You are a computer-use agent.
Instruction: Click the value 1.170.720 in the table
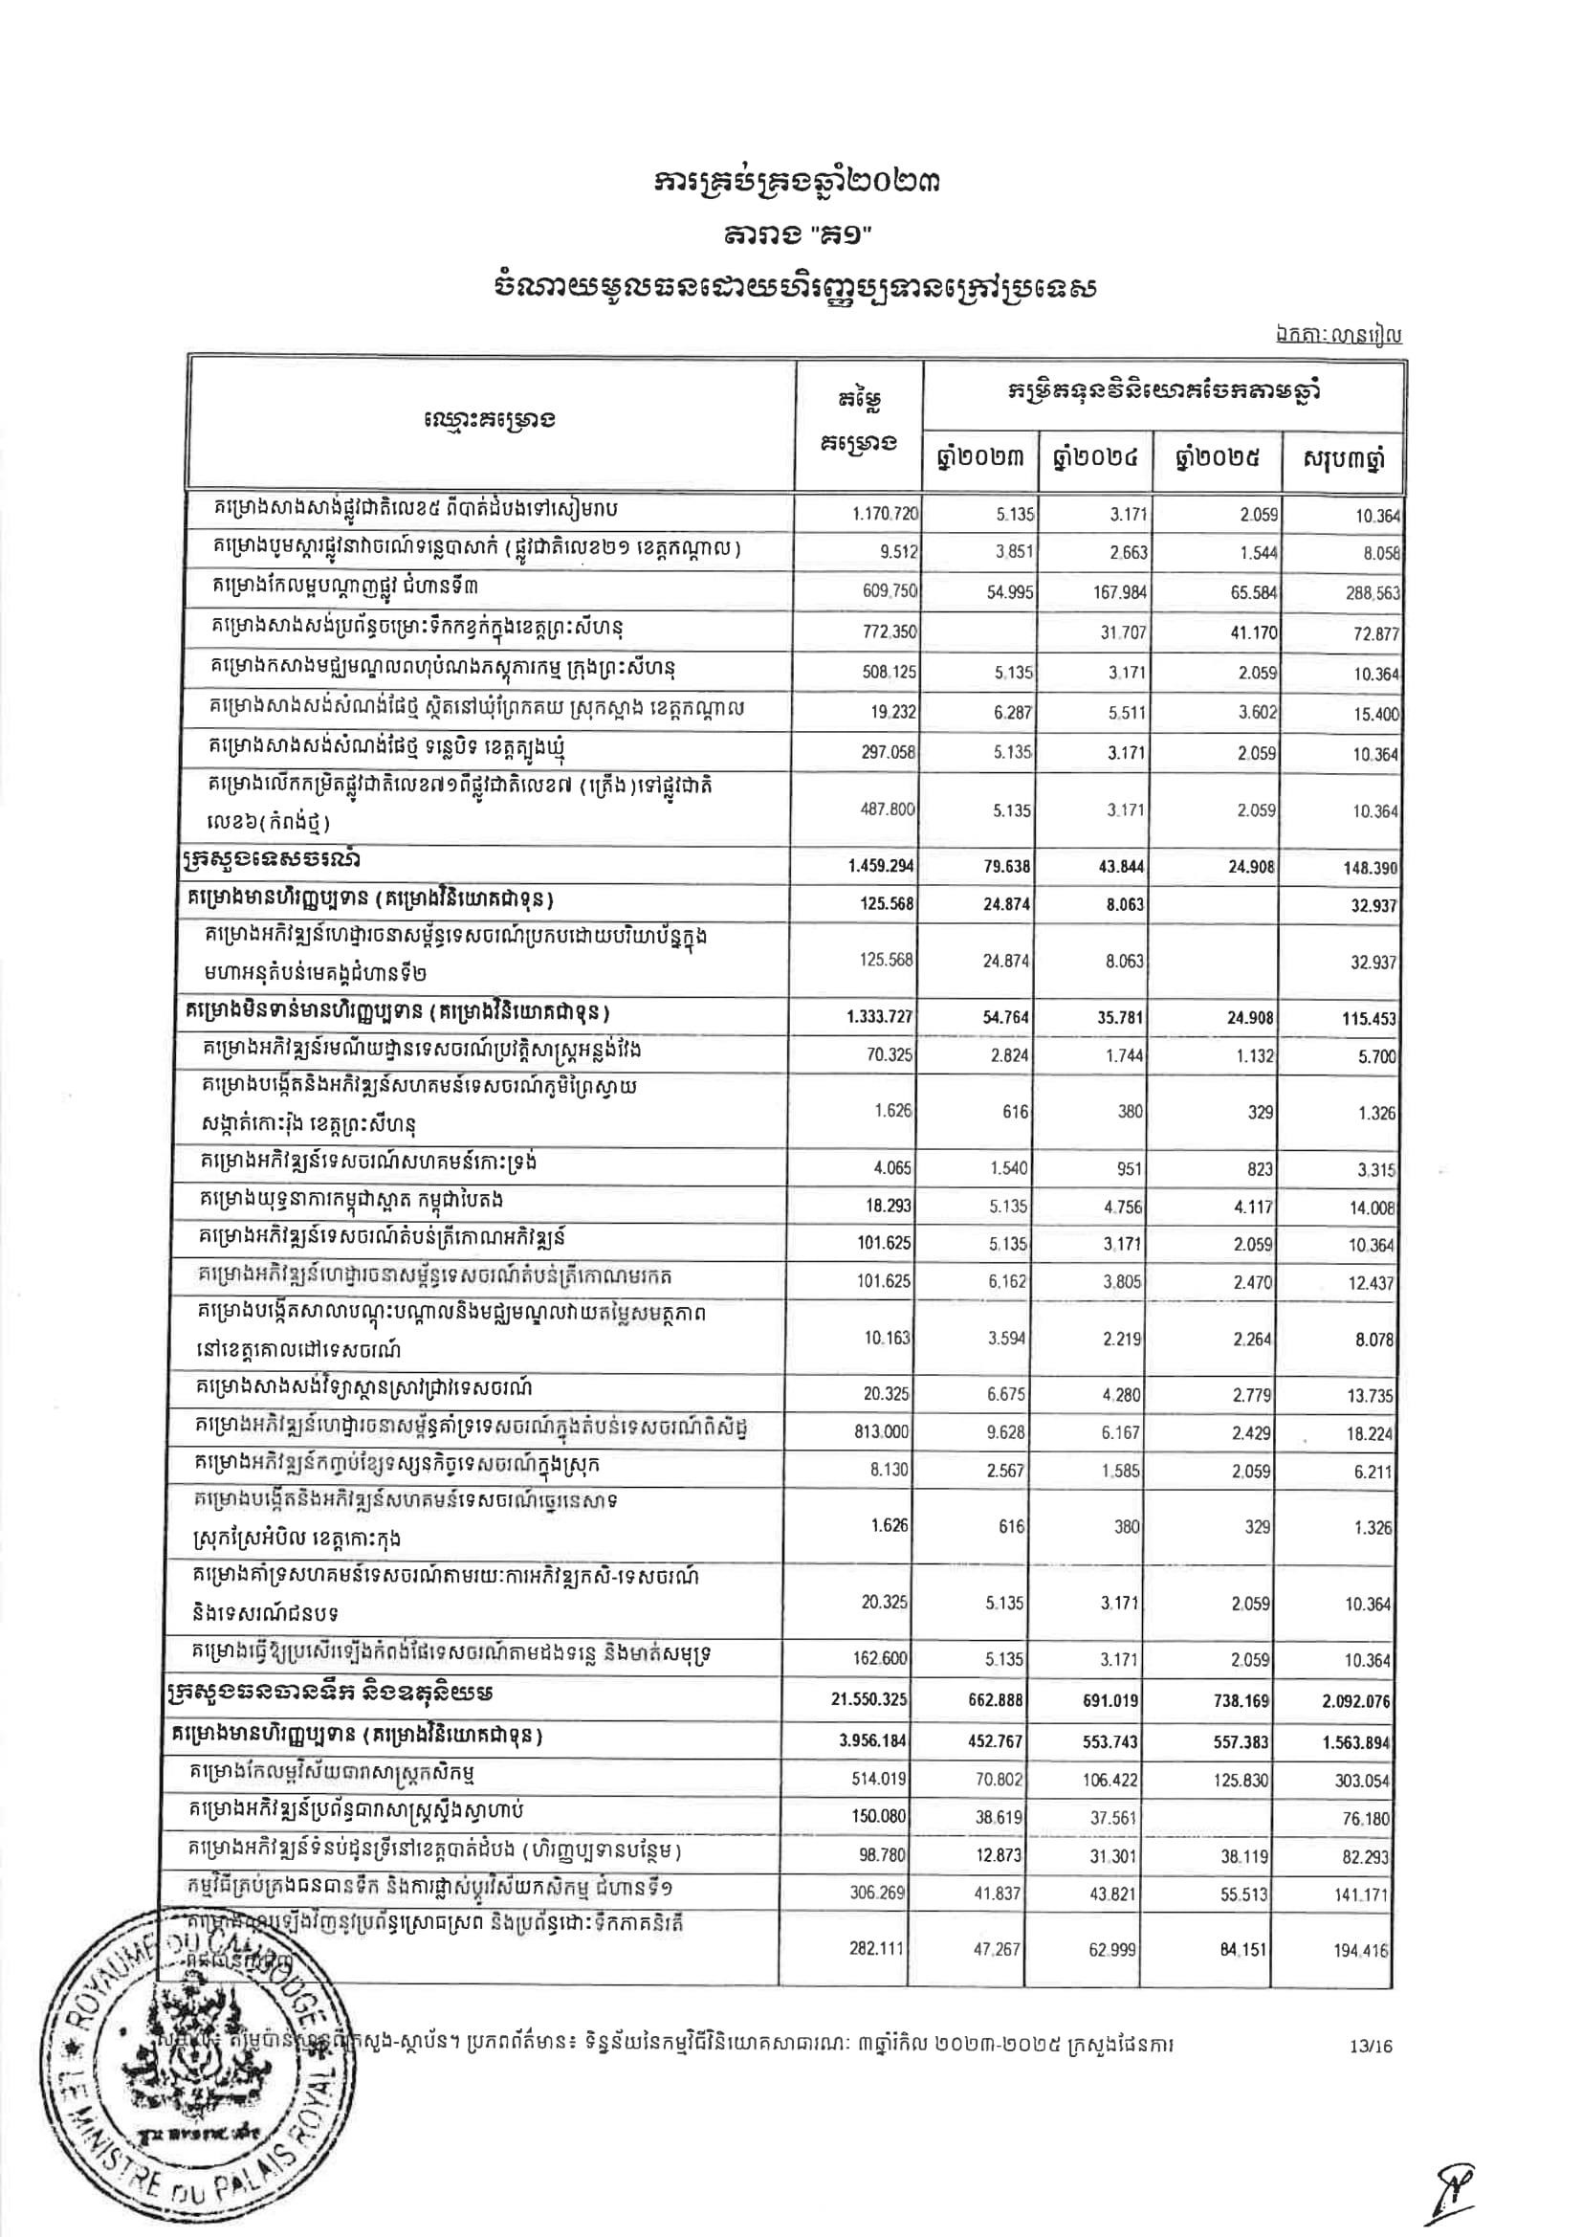coord(886,514)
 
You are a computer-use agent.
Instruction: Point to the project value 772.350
coord(885,632)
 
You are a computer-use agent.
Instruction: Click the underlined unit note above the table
coord(1337,336)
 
